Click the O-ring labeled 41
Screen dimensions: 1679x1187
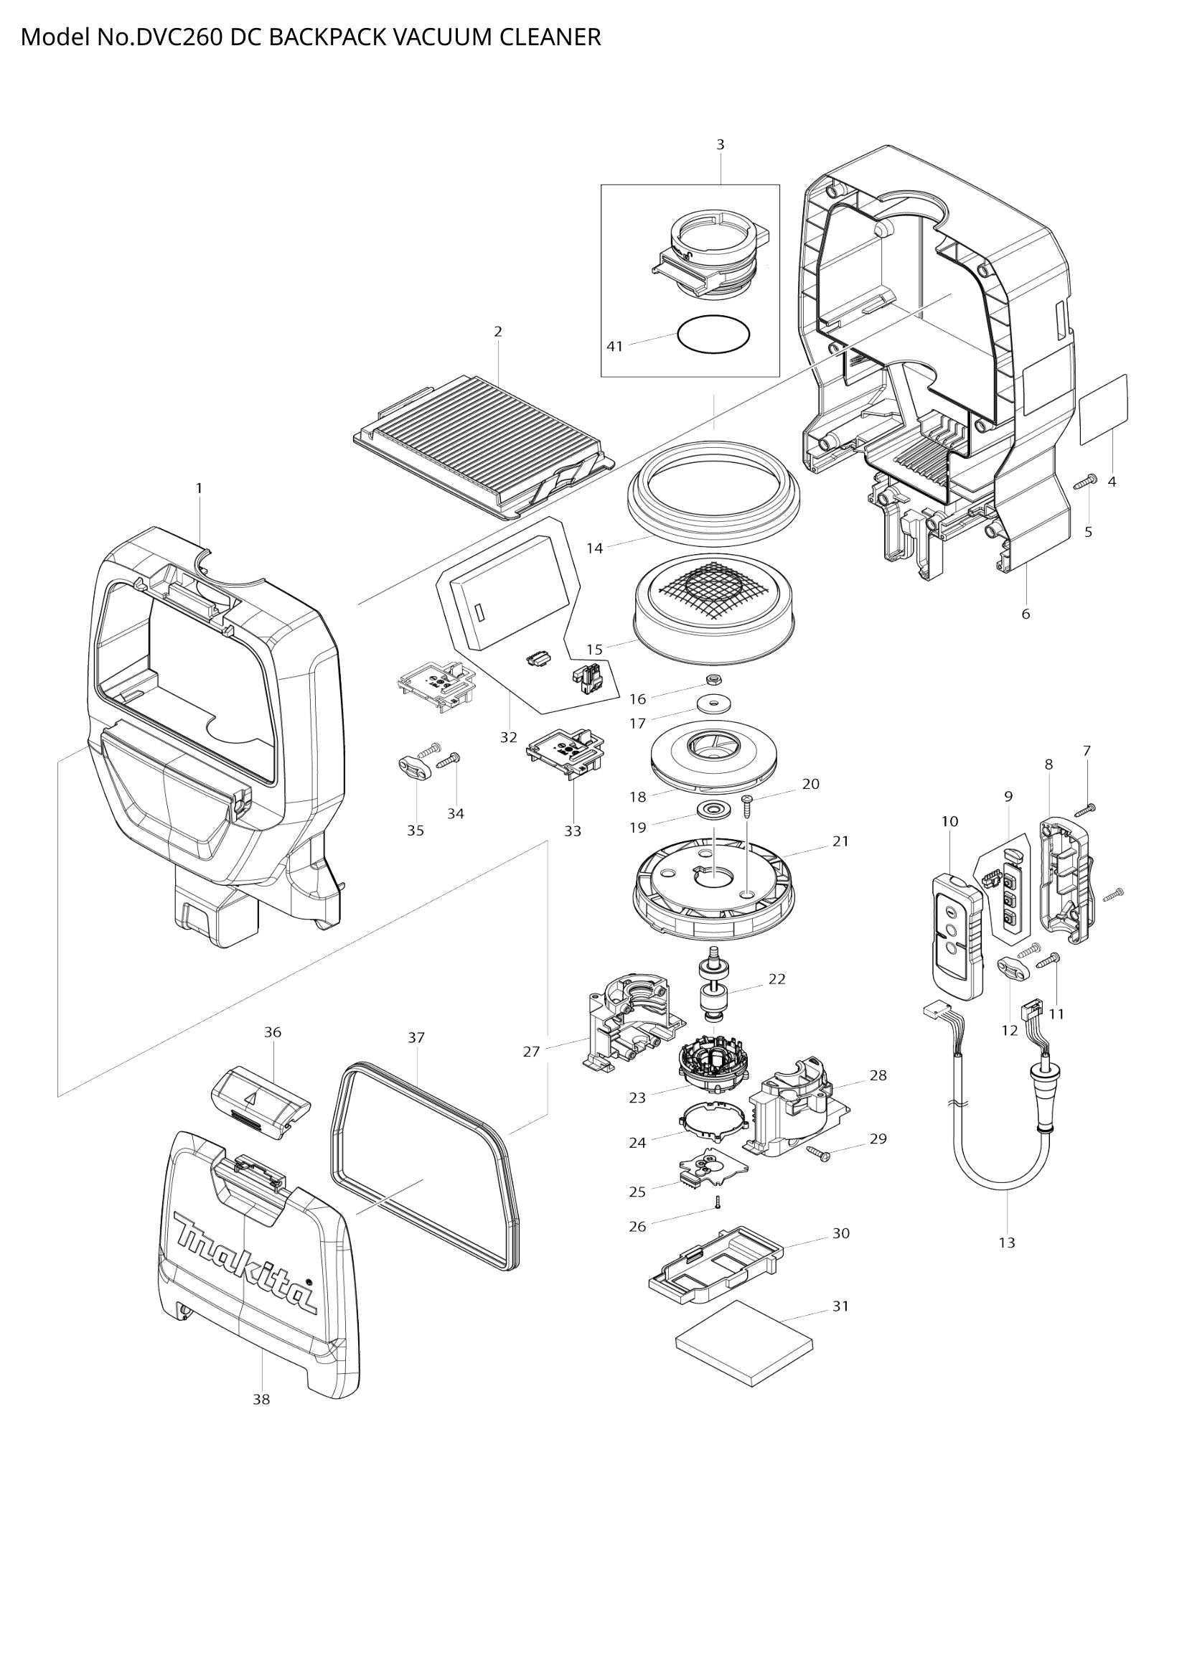[x=713, y=335]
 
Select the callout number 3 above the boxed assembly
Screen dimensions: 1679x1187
[x=720, y=145]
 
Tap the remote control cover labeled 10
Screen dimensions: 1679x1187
[x=957, y=936]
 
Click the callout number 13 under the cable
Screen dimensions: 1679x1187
[x=1006, y=1243]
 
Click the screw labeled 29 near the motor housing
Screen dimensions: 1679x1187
[x=819, y=1154]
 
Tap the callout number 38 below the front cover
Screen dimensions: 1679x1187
[x=261, y=1399]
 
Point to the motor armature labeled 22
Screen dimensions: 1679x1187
[x=713, y=987]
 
